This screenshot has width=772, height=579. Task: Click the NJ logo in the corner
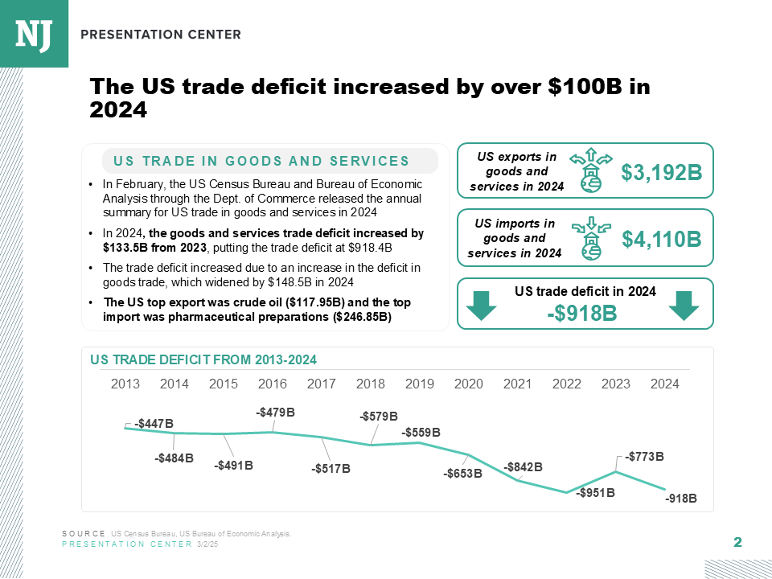34,33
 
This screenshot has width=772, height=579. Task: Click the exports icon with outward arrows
590,170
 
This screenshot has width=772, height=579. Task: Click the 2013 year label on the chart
125,384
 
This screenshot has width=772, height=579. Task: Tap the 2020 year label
469,384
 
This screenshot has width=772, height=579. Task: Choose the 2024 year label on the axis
665,384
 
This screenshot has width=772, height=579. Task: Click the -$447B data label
154,424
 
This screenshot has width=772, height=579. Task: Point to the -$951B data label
596,493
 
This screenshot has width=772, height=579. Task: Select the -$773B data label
645,457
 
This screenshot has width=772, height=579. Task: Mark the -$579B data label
379,417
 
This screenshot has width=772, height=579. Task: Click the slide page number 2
737,543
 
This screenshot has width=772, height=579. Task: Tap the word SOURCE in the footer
84,534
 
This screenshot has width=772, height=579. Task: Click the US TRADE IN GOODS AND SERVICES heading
262,162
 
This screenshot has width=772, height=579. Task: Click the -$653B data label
462,474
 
